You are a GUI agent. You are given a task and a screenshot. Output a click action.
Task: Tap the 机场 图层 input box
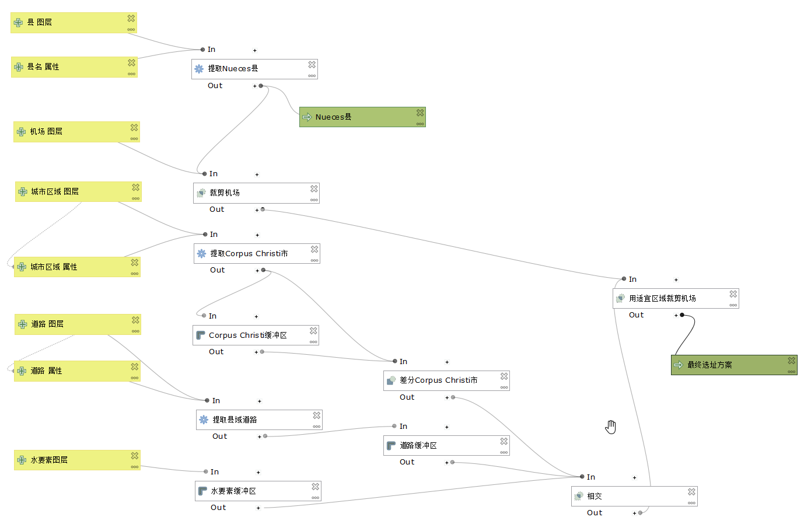coord(76,132)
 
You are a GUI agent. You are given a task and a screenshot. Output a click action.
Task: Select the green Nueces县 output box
coord(362,117)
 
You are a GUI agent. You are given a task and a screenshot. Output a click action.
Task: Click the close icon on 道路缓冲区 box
coord(504,442)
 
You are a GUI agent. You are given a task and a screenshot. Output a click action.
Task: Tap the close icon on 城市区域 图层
coord(136,187)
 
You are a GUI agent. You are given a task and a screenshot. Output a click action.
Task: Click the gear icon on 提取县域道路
coord(204,420)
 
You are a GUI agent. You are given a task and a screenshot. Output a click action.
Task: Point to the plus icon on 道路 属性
coord(22,371)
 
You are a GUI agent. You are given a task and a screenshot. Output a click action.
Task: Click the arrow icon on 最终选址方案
coord(679,365)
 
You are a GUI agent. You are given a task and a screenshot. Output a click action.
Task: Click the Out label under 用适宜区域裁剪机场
coord(636,315)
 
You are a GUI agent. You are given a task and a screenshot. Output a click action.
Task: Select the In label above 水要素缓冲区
coord(215,472)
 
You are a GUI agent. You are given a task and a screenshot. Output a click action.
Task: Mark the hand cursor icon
coord(610,427)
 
